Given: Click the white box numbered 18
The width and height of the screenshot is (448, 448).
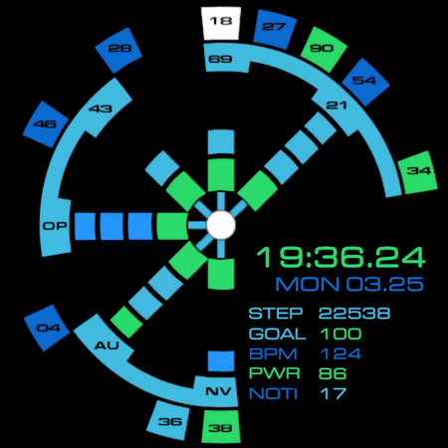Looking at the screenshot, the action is pos(221,23).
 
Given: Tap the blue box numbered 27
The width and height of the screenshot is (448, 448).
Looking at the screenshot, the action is pos(274,29).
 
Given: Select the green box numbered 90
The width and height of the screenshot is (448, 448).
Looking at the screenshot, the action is pos(323,49).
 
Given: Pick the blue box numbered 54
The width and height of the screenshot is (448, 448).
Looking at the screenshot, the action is pos(364,82).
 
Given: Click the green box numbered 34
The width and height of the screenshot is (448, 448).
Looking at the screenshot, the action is pos(418,172).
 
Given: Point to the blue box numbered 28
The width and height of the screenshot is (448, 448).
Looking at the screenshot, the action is pos(119,49).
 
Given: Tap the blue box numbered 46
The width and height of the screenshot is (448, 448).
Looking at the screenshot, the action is pos(46,124).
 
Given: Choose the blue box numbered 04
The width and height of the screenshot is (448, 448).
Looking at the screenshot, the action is pos(47,328).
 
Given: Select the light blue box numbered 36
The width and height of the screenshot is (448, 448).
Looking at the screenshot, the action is pos(169,421).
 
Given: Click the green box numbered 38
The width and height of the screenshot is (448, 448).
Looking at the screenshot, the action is pos(221,427).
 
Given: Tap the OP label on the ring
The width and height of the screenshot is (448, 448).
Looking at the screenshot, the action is pos(55,226).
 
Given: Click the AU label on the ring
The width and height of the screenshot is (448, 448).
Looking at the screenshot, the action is pos(107,345).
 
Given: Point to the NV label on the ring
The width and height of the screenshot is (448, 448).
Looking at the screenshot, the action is pos(218,391).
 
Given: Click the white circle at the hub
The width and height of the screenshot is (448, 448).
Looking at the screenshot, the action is pos(221,225).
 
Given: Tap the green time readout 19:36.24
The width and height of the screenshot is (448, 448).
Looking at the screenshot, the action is pos(340,258).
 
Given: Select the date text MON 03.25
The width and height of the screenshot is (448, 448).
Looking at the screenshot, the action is pos(349,284).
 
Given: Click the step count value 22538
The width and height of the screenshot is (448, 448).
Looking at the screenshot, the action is pos(354,314).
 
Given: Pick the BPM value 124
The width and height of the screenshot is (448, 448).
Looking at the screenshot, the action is pos(341,354).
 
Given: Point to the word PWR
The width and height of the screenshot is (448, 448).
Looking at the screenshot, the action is pos(275,373).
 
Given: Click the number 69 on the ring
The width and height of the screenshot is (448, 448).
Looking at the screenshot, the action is pos(220,59).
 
